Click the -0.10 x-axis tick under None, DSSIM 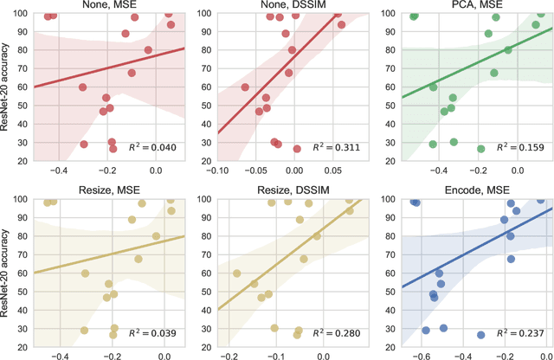tap(216, 170)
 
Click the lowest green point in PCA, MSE tap(481, 149)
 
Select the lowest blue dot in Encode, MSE tap(481, 334)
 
